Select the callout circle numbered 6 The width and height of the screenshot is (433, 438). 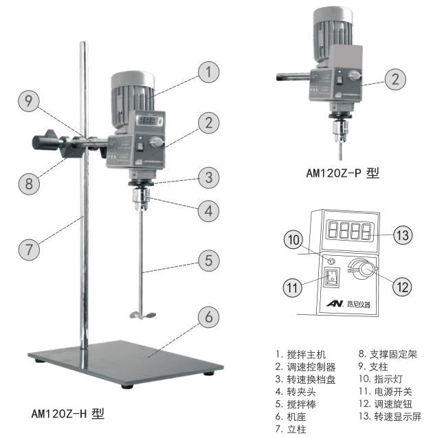click(x=210, y=317)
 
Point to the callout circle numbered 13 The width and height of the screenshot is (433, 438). click(x=403, y=235)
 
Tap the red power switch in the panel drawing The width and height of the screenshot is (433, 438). click(x=333, y=278)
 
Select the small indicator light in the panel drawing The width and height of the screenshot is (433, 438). click(x=333, y=261)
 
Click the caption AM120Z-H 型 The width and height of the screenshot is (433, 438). click(x=68, y=414)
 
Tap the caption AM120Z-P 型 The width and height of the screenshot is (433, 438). click(x=342, y=174)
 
